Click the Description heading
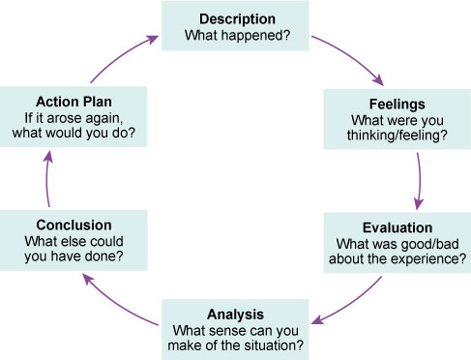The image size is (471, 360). [x=238, y=18]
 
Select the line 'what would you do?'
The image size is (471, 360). [x=74, y=136]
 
